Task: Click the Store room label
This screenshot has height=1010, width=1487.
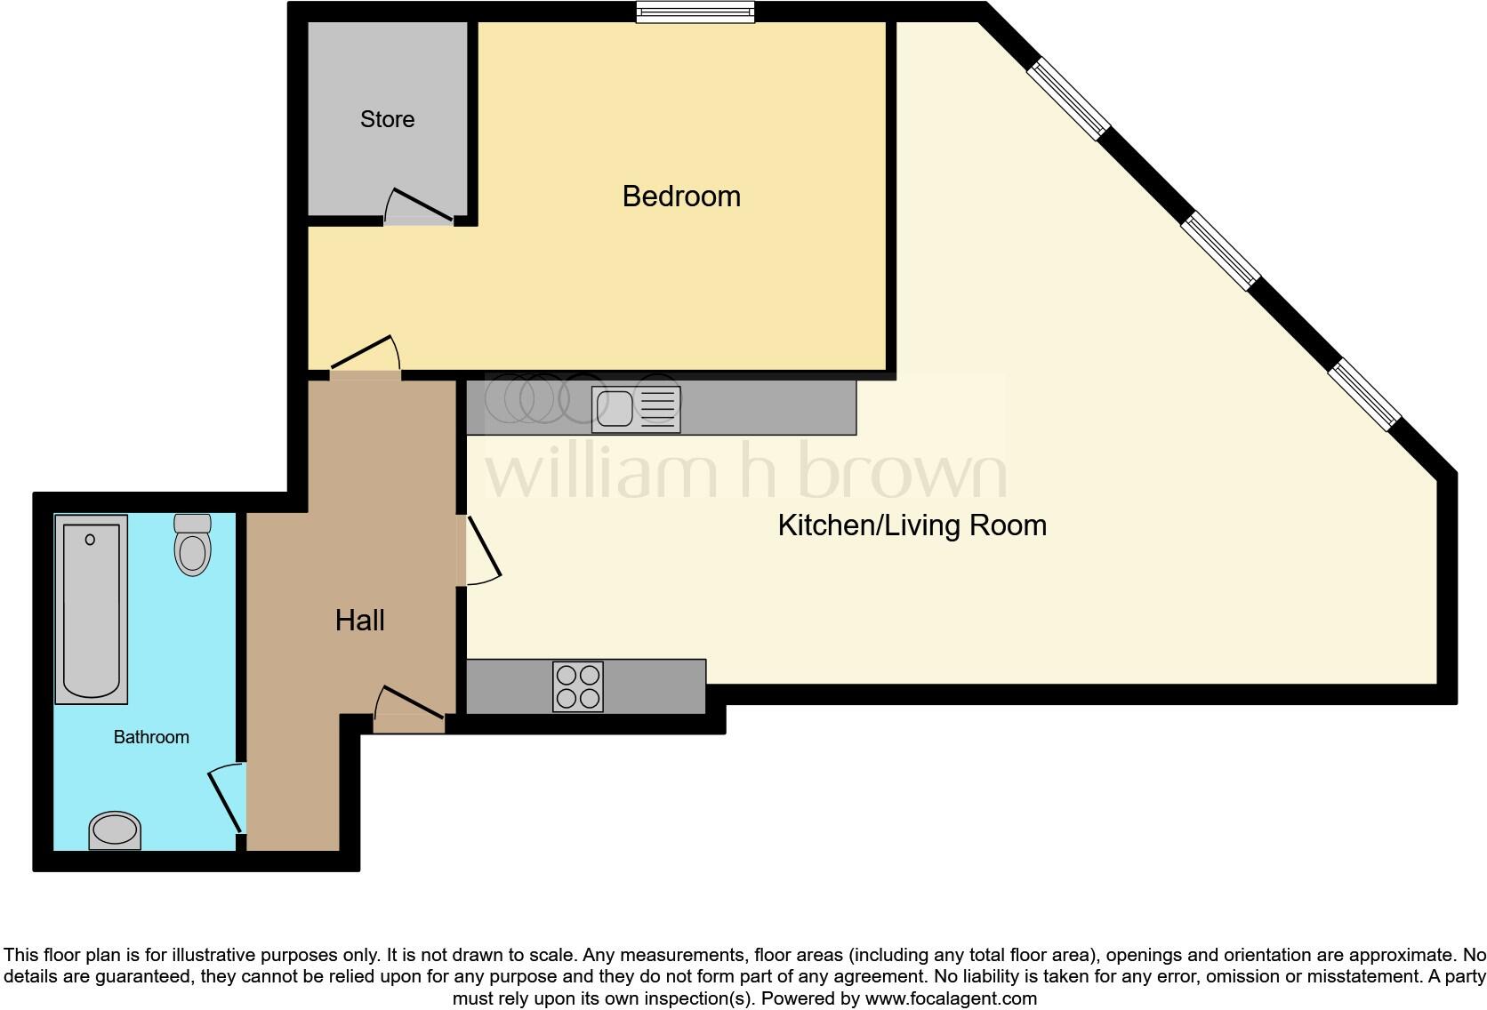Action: click(x=387, y=119)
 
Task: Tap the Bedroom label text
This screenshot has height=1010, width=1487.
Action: click(x=681, y=196)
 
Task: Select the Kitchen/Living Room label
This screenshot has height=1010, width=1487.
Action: click(x=912, y=525)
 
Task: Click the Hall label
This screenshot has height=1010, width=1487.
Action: click(x=359, y=621)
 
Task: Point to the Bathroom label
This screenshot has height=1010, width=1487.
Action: click(x=151, y=737)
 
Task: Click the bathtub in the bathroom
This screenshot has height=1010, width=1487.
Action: click(x=91, y=609)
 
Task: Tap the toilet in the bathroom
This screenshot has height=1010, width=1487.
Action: click(x=192, y=544)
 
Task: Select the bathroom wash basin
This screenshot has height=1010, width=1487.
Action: click(x=116, y=830)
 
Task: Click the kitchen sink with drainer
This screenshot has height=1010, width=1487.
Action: click(x=636, y=409)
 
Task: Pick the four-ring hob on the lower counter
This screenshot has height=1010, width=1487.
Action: click(x=577, y=686)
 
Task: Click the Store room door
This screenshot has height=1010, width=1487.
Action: click(x=420, y=206)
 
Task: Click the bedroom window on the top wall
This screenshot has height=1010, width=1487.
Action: click(x=695, y=12)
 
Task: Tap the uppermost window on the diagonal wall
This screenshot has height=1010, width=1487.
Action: click(x=1067, y=99)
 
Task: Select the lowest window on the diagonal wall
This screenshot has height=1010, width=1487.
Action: click(x=1364, y=395)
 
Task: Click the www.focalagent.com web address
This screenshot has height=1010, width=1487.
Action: click(x=951, y=998)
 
